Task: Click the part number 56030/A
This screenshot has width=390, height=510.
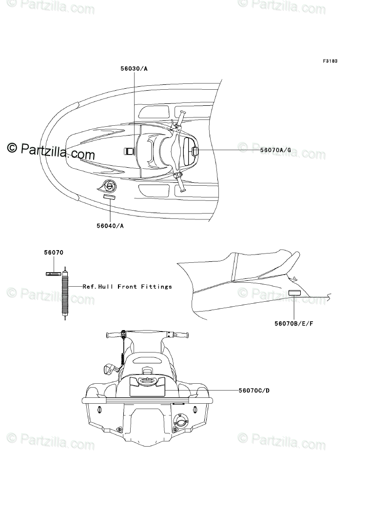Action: pyautogui.click(x=134, y=69)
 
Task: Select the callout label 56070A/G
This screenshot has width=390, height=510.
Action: pyautogui.click(x=275, y=150)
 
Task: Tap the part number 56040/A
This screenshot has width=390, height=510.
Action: pyautogui.click(x=110, y=225)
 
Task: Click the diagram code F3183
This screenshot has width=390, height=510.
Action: pyautogui.click(x=330, y=61)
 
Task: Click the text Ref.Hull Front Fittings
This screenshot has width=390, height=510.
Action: pyautogui.click(x=127, y=287)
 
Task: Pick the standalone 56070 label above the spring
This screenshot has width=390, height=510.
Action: pyautogui.click(x=54, y=253)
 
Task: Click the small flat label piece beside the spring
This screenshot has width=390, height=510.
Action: pyautogui.click(x=53, y=274)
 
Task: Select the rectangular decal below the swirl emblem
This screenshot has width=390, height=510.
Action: pyautogui.click(x=110, y=197)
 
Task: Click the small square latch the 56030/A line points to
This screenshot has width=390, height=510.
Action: pyautogui.click(x=129, y=152)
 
